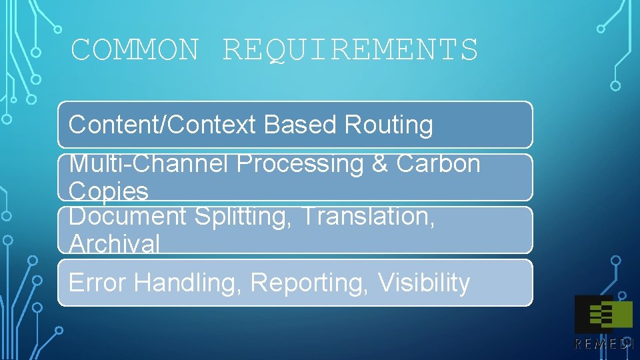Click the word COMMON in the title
(x=135, y=50)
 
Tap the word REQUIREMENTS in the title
(x=350, y=50)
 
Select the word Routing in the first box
(x=388, y=125)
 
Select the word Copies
(x=108, y=191)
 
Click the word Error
(x=97, y=283)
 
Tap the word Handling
(x=189, y=283)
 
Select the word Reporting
(x=310, y=283)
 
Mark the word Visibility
(x=424, y=283)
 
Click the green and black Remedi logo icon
(x=603, y=314)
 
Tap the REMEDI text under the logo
(x=603, y=343)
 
